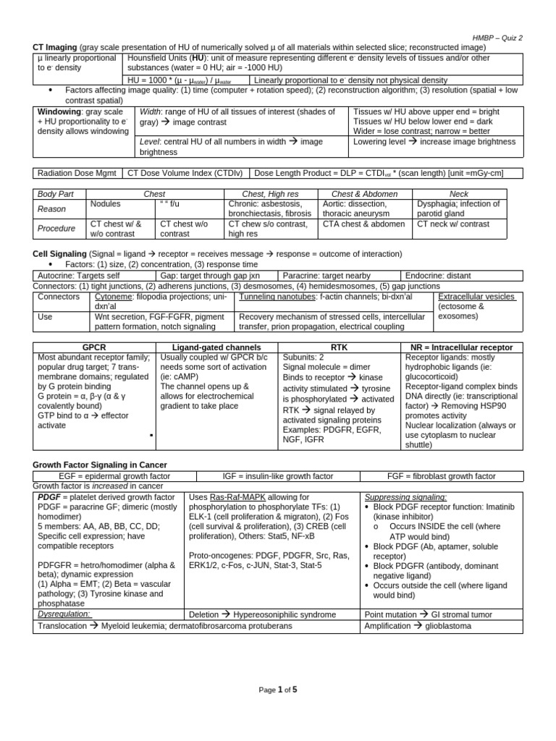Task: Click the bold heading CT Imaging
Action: click(56, 48)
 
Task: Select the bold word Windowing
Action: click(59, 112)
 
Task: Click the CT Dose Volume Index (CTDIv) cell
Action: click(186, 173)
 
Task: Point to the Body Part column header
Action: click(56, 194)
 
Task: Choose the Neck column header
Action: click(459, 194)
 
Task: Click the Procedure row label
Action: click(56, 229)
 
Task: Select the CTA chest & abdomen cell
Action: click(363, 224)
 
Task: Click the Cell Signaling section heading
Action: click(59, 255)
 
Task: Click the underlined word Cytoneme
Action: click(114, 297)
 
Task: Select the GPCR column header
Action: click(95, 347)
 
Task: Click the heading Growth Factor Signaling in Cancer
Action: click(100, 465)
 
